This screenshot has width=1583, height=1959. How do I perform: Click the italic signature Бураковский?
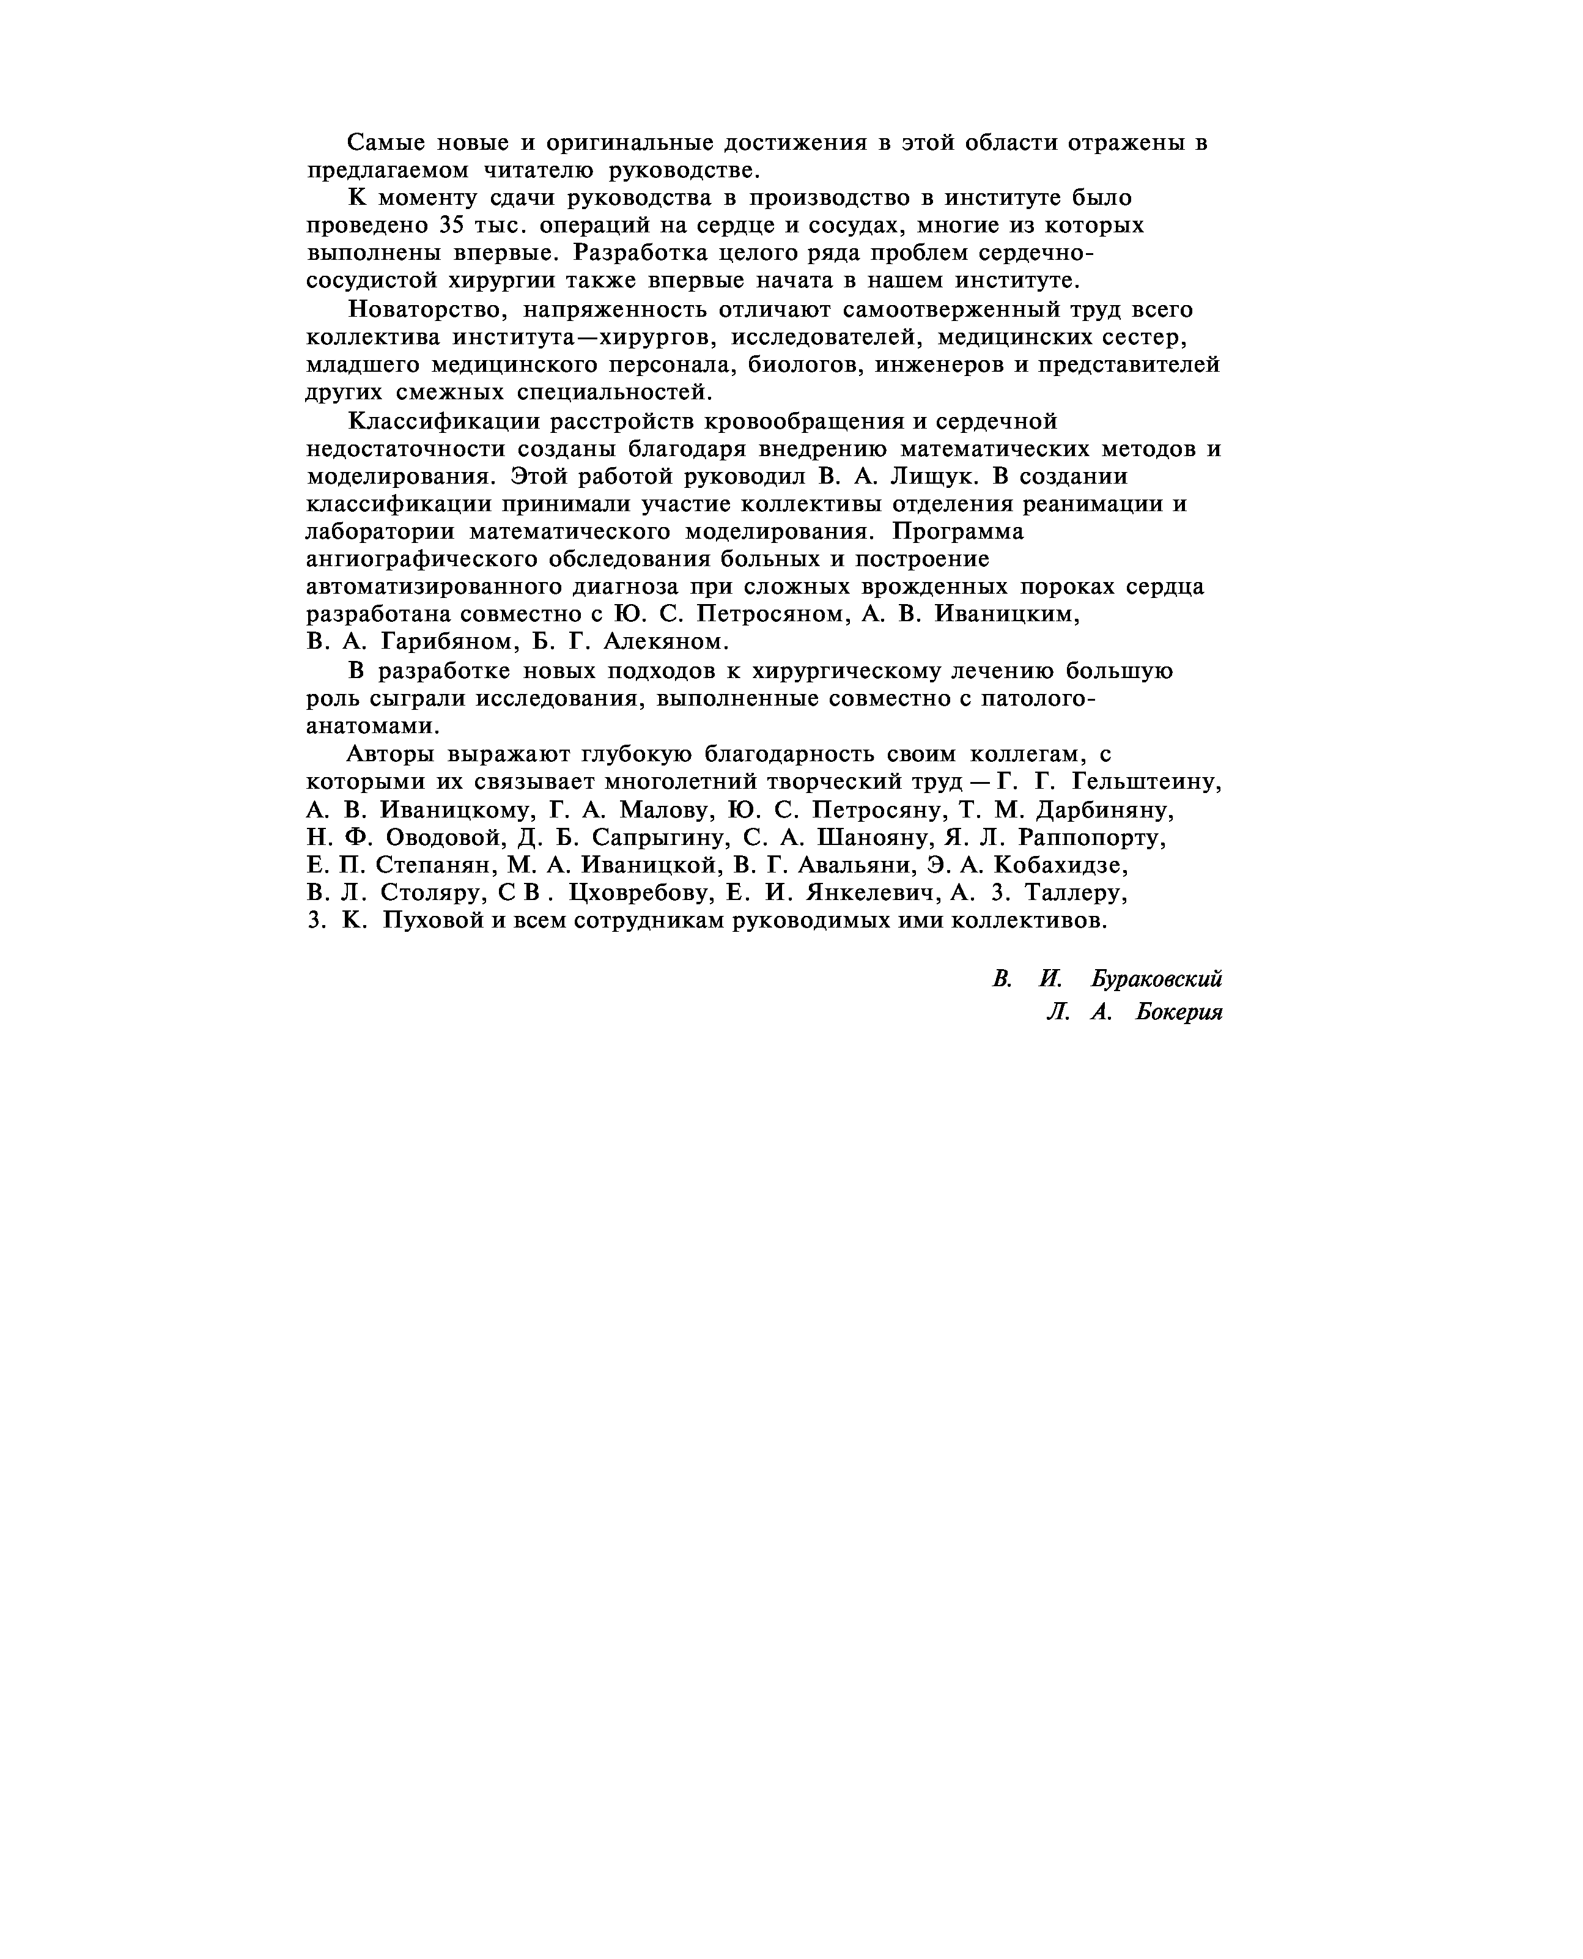pyautogui.click(x=1156, y=979)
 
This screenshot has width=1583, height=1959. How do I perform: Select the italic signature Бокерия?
pyautogui.click(x=1178, y=1013)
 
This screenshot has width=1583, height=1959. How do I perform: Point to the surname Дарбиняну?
pyautogui.click(x=1105, y=810)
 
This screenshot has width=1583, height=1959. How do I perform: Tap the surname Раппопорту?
pyautogui.click(x=1091, y=837)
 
